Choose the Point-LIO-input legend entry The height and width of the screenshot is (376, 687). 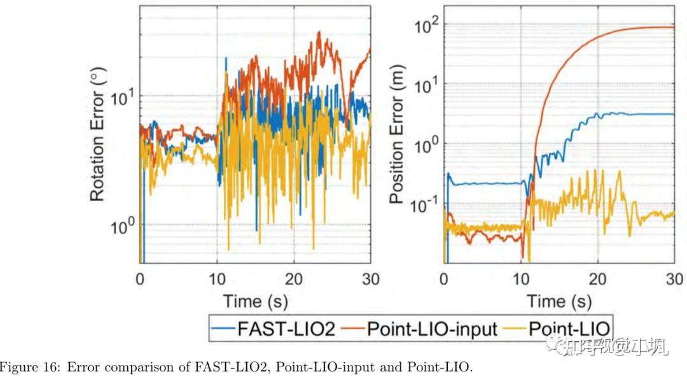tap(433, 329)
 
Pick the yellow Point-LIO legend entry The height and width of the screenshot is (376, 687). tap(569, 329)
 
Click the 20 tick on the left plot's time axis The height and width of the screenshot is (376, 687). tap(294, 279)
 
